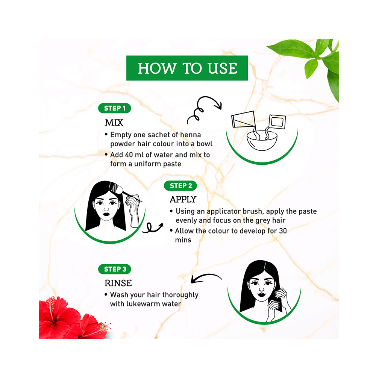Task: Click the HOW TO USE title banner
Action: click(187, 68)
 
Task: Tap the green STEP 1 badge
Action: click(115, 108)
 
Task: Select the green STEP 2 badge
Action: click(180, 185)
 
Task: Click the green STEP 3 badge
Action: click(115, 269)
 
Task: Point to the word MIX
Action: click(114, 123)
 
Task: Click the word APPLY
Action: click(183, 199)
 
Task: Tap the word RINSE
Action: click(118, 283)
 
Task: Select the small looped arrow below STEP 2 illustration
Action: click(154, 227)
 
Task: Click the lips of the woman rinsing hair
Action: click(259, 302)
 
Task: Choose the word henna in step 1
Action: click(190, 135)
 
